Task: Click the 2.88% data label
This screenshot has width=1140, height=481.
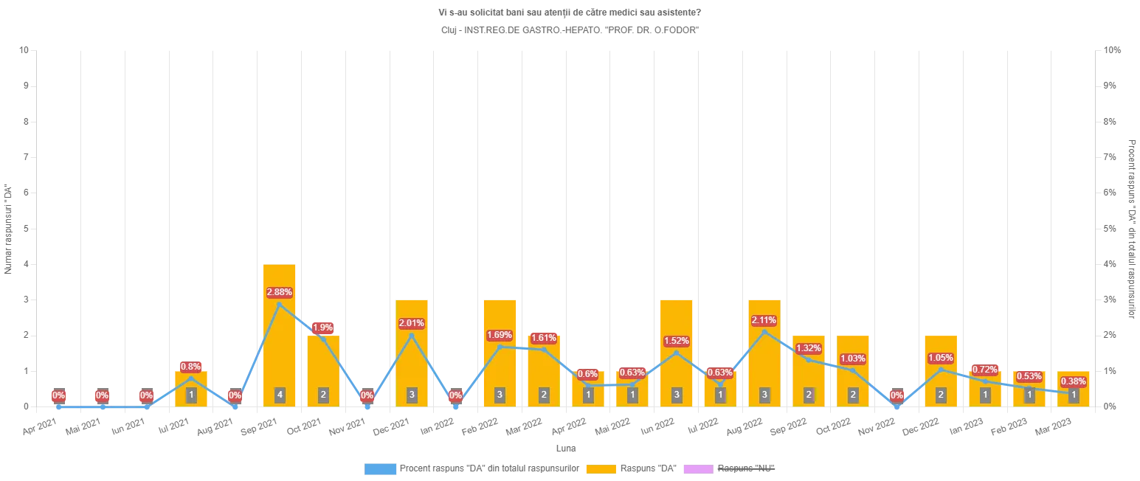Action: pyautogui.click(x=279, y=292)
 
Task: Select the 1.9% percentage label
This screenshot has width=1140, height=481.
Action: pyautogui.click(x=323, y=327)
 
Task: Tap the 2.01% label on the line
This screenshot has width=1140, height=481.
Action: pyautogui.click(x=411, y=323)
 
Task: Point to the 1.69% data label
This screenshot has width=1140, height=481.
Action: pyautogui.click(x=500, y=336)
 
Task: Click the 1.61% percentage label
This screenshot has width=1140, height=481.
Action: pyautogui.click(x=544, y=338)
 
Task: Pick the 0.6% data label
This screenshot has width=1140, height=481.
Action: pyautogui.click(x=588, y=374)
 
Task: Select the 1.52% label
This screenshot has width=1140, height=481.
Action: pyautogui.click(x=676, y=341)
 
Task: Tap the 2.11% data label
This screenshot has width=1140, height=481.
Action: pyautogui.click(x=764, y=320)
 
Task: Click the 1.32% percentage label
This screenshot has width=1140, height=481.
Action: pyautogui.click(x=809, y=348)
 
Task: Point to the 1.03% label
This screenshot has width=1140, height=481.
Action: pyautogui.click(x=852, y=359)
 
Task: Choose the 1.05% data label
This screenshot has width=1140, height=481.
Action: pyautogui.click(x=941, y=358)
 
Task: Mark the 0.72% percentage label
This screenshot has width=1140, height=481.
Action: pyautogui.click(x=985, y=369)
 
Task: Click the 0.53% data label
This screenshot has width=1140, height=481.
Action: pyautogui.click(x=1029, y=376)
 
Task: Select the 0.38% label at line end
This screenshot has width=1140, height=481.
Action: pyautogui.click(x=1073, y=381)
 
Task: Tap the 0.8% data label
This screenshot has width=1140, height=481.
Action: pyautogui.click(x=191, y=367)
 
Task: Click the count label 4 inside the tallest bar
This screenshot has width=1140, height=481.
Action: pyautogui.click(x=280, y=395)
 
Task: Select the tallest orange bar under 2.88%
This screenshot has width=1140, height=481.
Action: pyautogui.click(x=280, y=339)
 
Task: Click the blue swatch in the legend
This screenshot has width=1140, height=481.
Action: pyautogui.click(x=381, y=468)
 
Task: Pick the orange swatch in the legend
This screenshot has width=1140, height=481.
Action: pyautogui.click(x=601, y=468)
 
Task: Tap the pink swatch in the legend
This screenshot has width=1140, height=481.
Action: pyautogui.click(x=697, y=468)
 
